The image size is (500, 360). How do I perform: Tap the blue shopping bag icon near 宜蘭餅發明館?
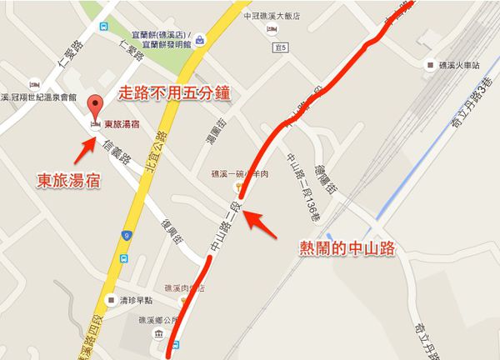(200, 38)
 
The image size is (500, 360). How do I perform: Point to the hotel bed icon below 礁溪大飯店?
(272, 29)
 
